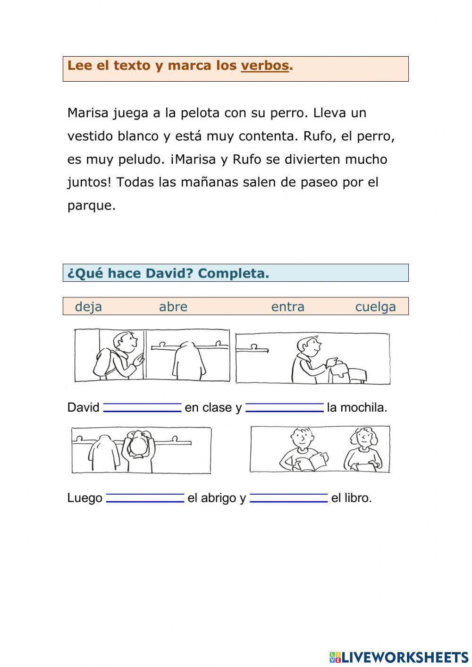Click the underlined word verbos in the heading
264,66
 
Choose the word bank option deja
88,307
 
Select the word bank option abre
173,307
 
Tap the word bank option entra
287,307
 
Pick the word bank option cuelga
375,307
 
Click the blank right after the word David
142,407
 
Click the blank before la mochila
285,407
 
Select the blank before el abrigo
145,498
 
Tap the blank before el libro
288,498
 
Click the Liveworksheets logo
399,657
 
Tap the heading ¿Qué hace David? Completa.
168,273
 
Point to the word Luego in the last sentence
85,498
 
